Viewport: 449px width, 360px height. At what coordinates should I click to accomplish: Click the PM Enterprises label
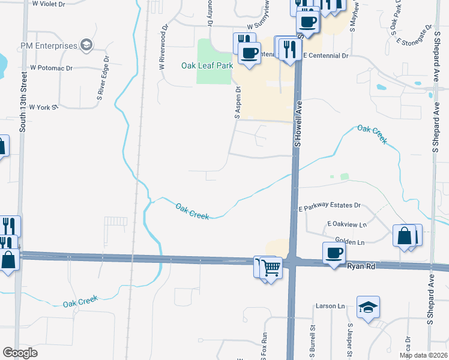coord(49,46)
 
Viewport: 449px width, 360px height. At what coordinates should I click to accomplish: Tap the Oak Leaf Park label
coord(206,65)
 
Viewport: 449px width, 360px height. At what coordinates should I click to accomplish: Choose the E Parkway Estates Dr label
coord(330,206)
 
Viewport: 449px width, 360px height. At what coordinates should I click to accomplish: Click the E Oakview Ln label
coord(346,224)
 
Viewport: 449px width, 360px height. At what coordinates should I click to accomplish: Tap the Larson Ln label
coord(331,306)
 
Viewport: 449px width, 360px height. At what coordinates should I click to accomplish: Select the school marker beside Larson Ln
coord(368,307)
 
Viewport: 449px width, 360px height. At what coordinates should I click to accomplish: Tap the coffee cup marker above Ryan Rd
coord(334,253)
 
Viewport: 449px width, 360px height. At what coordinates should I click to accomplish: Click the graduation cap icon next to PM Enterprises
coord(87,46)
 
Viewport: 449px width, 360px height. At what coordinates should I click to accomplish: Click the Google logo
coord(20,353)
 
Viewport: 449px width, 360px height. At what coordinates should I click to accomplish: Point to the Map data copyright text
coord(423,355)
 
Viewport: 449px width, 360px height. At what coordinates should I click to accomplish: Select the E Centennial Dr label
coord(326,55)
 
